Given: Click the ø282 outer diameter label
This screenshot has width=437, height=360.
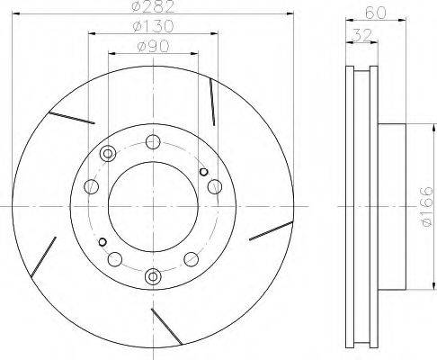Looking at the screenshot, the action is pos(153,7).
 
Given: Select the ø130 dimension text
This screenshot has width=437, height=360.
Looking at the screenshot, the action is pos(153,26).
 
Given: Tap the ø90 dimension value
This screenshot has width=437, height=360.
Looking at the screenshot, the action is pos(153,46).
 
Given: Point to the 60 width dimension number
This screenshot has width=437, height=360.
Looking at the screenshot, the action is pos(376,13).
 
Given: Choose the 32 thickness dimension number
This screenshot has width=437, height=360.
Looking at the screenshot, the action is pos(361,35).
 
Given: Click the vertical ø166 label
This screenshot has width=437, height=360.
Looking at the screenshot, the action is pos(427,206).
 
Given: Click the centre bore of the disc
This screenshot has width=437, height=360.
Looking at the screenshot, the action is pos(153,206).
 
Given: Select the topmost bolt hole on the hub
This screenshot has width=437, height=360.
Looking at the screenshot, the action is pos(153,142).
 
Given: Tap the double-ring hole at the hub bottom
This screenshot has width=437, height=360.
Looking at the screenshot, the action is pos(153,276).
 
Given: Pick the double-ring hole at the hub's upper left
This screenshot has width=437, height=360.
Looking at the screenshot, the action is pos(107,153).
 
